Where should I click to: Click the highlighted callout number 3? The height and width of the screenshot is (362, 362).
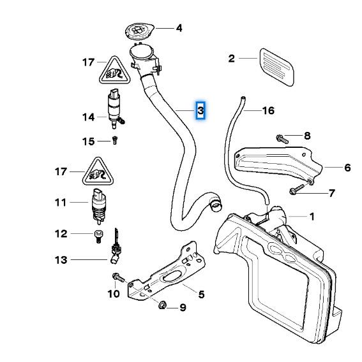click(x=200, y=110)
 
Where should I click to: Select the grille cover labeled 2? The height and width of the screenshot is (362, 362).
click(x=277, y=67)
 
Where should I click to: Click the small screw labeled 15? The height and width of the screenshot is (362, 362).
click(x=115, y=140)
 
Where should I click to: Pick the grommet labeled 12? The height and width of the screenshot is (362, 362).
click(x=99, y=236)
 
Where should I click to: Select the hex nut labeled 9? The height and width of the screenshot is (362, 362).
click(x=162, y=305)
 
